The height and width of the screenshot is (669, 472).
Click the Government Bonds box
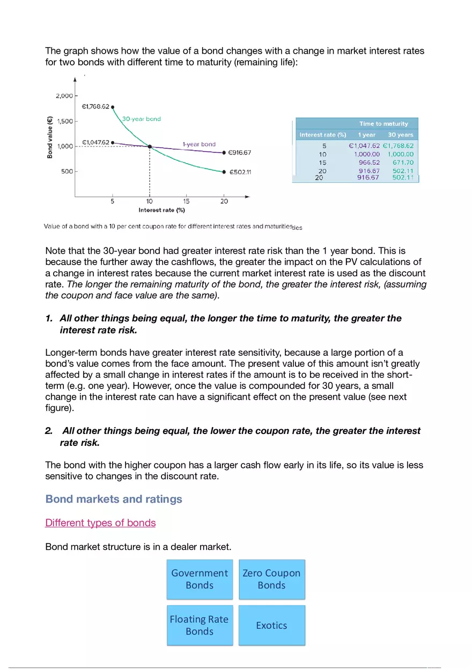pyautogui.click(x=200, y=579)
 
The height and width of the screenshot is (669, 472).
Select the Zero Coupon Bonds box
pyautogui.click(x=271, y=579)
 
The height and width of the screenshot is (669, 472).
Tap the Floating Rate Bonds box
pyautogui.click(x=200, y=625)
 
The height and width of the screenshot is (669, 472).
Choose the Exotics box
pyautogui.click(x=271, y=625)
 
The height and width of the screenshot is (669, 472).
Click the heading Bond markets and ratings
pyautogui.click(x=114, y=499)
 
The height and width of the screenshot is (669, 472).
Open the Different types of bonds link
pyautogui.click(x=100, y=523)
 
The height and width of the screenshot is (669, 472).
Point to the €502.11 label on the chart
pyautogui.click(x=240, y=172)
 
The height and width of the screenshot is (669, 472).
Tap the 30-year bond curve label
pyautogui.click(x=141, y=119)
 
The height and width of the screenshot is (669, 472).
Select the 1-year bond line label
pyautogui.click(x=199, y=144)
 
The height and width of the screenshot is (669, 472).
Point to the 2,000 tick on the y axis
pyautogui.click(x=64, y=96)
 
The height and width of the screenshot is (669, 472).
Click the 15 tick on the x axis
pyautogui.click(x=186, y=202)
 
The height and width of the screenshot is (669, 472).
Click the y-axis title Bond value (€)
pyautogui.click(x=50, y=138)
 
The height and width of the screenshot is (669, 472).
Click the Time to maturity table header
pyautogui.click(x=383, y=124)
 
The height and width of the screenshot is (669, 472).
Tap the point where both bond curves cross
pyautogui.click(x=150, y=146)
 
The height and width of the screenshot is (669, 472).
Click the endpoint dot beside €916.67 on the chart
pyautogui.click(x=224, y=153)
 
